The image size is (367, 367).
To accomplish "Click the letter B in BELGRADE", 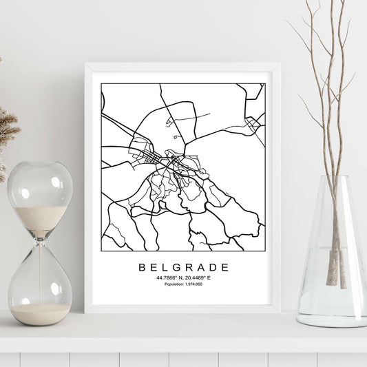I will click(x=143, y=266).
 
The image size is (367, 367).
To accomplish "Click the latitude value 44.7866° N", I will click(x=167, y=277).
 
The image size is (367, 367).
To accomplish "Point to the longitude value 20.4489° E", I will click(x=200, y=277).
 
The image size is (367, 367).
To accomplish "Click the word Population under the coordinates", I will click(x=169, y=284).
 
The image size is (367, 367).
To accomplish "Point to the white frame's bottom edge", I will click(x=182, y=308).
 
